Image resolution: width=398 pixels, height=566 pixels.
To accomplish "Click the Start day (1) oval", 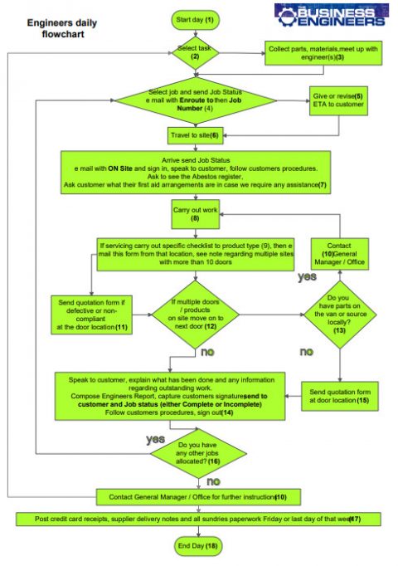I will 196,18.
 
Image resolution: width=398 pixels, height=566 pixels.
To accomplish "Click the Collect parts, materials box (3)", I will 322,52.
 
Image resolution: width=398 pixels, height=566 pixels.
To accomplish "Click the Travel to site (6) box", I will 197,134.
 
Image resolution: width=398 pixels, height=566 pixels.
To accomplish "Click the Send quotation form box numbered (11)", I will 93,317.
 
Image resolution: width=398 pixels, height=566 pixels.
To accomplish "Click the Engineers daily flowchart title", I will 59,29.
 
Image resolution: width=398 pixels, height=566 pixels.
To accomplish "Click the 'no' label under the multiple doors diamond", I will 209,354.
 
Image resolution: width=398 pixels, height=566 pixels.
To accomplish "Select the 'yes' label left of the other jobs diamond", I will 156,439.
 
